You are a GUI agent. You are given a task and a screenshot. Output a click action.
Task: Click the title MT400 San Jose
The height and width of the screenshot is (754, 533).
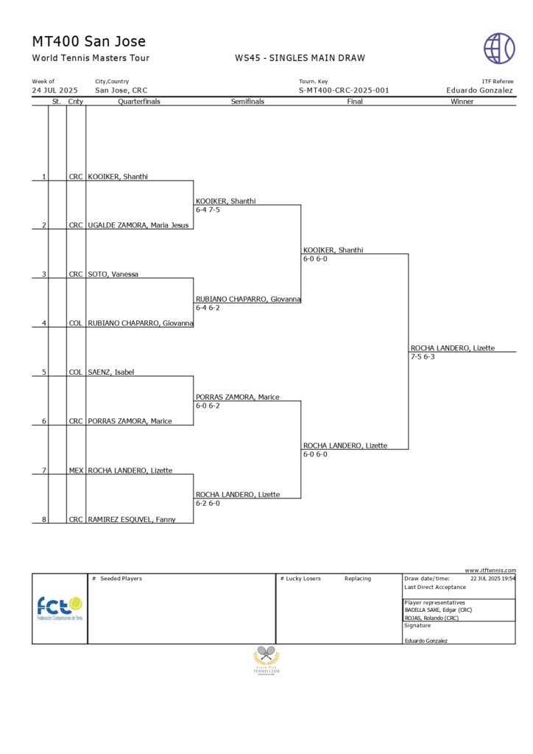[x=89, y=41]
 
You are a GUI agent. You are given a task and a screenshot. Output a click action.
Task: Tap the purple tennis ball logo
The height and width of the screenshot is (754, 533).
[x=499, y=48]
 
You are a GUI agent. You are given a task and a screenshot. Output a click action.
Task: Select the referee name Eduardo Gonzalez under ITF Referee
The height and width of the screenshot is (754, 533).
[x=479, y=91]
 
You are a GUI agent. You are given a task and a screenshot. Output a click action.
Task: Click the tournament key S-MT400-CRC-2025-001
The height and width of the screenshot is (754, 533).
[x=344, y=91]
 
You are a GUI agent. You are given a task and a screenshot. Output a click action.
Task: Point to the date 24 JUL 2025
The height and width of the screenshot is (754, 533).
[x=54, y=91]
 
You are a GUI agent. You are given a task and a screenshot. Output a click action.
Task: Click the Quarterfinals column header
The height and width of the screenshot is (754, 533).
[x=139, y=102]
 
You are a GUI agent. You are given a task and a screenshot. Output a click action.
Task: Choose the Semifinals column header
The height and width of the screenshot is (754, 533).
[x=247, y=102]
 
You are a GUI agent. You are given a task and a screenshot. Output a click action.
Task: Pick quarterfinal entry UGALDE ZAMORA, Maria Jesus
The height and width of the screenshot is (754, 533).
[x=138, y=225]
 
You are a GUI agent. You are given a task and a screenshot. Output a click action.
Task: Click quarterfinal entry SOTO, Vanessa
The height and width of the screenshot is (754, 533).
[x=113, y=274]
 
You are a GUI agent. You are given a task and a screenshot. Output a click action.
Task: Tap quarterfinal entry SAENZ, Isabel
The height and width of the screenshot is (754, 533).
[x=111, y=372]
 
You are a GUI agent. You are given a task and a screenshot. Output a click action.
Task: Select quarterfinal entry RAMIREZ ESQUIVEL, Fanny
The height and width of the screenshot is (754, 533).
[x=130, y=519]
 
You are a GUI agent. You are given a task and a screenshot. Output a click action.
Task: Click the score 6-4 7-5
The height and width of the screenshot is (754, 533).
[x=208, y=210]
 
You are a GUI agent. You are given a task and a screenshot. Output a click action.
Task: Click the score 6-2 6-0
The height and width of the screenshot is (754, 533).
[x=208, y=504]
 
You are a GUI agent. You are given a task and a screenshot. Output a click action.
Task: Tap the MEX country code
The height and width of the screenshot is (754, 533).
[x=76, y=471]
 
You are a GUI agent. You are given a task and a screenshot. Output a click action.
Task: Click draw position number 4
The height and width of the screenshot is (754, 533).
[x=44, y=323]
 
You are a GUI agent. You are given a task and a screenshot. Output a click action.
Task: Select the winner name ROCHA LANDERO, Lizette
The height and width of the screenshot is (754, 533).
[x=453, y=348]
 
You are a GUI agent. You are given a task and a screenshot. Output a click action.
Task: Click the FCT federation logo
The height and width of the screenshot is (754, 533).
[x=60, y=608]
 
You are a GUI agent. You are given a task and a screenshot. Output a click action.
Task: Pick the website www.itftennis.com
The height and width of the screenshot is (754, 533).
[x=490, y=570]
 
